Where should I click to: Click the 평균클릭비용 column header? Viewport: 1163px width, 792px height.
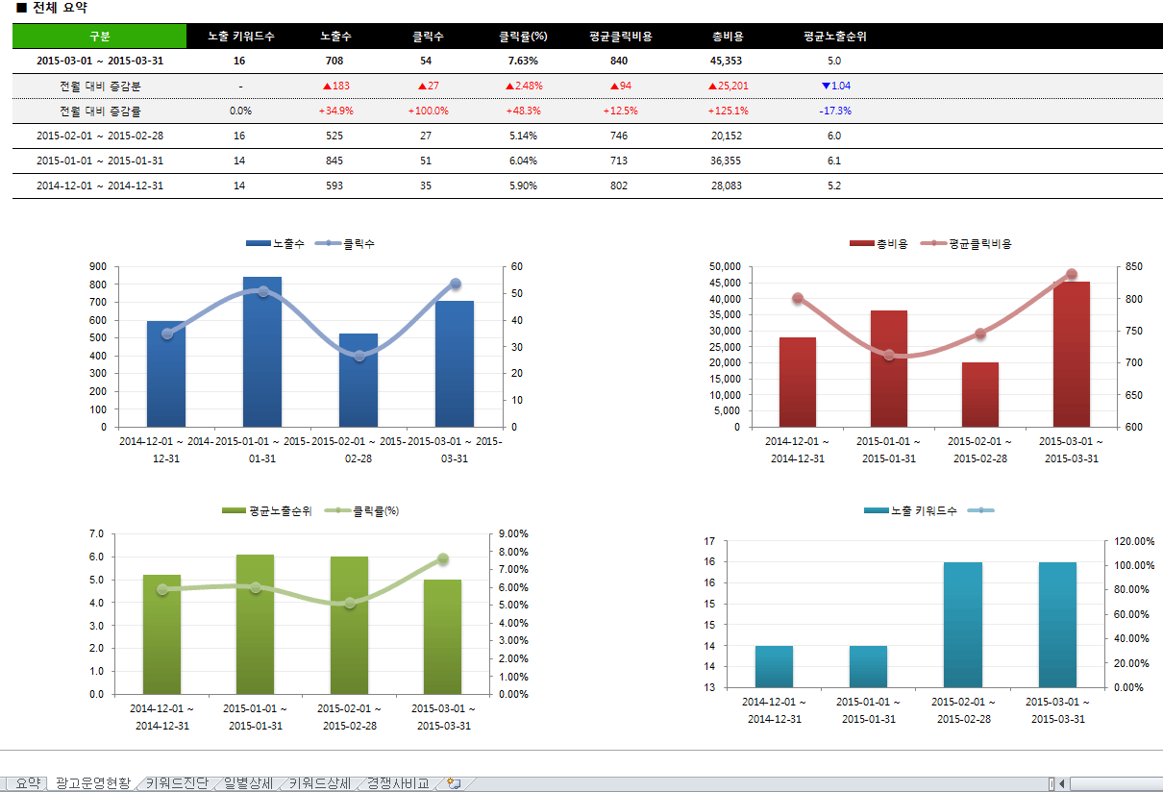620,37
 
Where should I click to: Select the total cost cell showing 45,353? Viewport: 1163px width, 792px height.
726,61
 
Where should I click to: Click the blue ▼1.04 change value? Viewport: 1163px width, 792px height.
835,86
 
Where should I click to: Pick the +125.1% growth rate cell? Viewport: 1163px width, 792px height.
728,111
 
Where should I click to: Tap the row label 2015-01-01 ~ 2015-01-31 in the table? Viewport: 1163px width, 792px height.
100,161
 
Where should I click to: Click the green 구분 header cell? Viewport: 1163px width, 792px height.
99,37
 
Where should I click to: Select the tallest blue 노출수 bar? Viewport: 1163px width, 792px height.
262,351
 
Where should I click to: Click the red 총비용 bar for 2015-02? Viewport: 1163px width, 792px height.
980,394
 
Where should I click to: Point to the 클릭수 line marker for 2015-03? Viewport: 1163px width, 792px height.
456,284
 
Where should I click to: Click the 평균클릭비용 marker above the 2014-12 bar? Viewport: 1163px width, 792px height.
798,298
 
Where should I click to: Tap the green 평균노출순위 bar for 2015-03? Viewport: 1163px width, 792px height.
442,635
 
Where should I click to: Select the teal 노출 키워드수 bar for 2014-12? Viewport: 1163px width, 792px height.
774,666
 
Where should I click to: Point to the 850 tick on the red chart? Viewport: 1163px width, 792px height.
1134,266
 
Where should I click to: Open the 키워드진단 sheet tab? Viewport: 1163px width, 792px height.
177,783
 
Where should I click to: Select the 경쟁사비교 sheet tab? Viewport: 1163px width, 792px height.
397,783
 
